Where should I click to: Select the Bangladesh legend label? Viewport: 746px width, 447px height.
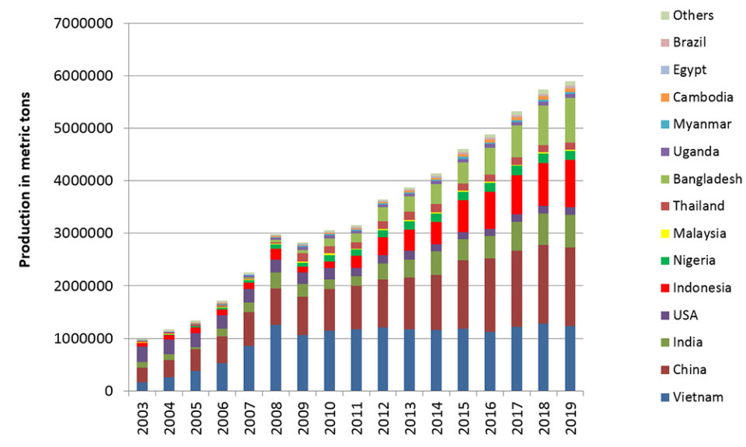click(x=708, y=180)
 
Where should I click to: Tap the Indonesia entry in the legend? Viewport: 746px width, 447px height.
click(x=702, y=288)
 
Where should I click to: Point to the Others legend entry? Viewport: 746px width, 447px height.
click(x=693, y=16)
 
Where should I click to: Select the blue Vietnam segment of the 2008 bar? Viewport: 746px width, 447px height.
click(x=275, y=358)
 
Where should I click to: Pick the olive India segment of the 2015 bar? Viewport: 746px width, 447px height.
click(x=463, y=250)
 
